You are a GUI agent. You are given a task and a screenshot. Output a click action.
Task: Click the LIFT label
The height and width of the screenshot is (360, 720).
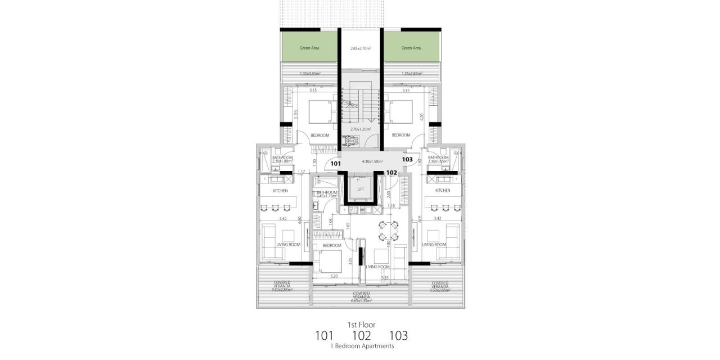(x=361, y=190)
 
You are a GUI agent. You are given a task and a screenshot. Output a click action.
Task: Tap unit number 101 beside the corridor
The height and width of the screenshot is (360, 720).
(x=336, y=164)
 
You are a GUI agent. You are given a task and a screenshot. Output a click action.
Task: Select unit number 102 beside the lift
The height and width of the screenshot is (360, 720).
(x=392, y=173)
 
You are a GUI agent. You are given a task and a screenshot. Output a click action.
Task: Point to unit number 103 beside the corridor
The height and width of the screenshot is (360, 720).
(x=408, y=160)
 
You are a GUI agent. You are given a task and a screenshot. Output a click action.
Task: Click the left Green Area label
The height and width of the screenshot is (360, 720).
(x=309, y=48)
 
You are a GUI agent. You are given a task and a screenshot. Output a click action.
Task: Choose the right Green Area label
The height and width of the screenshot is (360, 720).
(x=411, y=48)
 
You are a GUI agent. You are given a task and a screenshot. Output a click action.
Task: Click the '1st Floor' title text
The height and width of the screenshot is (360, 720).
(x=361, y=325)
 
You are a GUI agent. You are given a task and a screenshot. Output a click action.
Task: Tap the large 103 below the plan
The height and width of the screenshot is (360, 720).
(x=398, y=336)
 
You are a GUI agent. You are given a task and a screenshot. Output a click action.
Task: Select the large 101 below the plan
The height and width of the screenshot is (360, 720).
(x=324, y=336)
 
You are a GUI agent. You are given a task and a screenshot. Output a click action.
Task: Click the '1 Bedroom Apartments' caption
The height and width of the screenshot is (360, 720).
(x=361, y=346)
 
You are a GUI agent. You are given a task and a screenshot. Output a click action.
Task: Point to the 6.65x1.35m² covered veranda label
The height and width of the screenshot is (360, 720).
(x=361, y=300)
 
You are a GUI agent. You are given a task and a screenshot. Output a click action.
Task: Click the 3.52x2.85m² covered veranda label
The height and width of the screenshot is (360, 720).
(x=282, y=290)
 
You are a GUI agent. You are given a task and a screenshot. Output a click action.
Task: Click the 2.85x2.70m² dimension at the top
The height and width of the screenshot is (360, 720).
(x=361, y=49)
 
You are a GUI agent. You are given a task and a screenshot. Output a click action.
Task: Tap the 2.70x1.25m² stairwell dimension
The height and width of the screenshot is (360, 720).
(x=361, y=129)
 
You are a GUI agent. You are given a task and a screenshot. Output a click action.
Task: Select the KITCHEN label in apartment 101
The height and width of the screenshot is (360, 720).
(x=280, y=191)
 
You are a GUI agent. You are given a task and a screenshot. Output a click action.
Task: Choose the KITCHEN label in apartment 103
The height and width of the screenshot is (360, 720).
(x=442, y=191)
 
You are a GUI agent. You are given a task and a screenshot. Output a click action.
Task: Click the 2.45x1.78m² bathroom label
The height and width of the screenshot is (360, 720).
(x=327, y=195)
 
